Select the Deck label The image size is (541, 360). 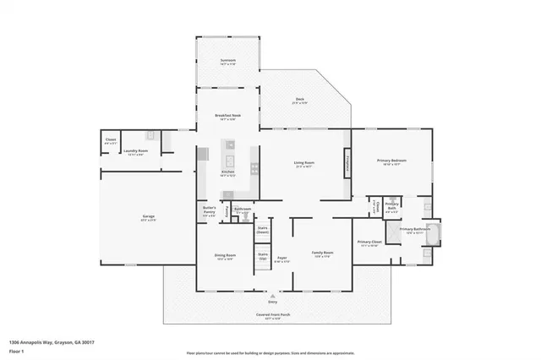298,101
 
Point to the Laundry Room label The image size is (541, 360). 135,152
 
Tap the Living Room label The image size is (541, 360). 304,164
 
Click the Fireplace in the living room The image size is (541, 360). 346,163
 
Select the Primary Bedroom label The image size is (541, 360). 391,161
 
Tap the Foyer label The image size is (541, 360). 282,259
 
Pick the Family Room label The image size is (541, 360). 322,254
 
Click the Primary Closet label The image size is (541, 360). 369,243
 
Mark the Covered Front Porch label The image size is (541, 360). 272,318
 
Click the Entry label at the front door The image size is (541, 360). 272,301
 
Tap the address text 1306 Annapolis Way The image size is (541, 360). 51,341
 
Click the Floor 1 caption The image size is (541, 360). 16,350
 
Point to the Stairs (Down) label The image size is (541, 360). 263,230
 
